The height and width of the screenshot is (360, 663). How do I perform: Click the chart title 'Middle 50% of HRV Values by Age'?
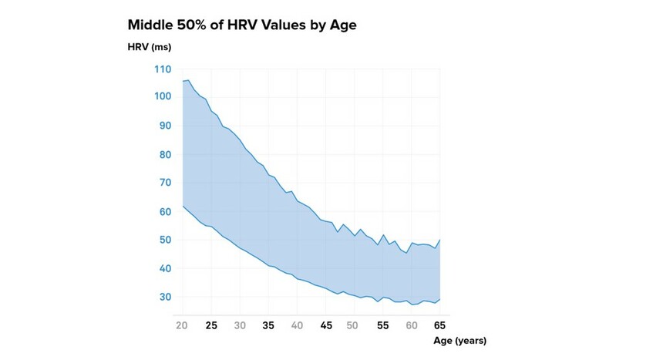241,25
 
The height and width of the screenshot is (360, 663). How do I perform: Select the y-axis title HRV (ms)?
149,47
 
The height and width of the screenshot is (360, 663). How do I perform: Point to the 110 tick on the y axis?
162,69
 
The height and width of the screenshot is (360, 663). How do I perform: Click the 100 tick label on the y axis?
162,97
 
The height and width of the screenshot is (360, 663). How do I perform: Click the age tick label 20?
182,325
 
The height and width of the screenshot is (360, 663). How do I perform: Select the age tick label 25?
211,325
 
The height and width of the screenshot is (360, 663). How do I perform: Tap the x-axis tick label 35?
268,325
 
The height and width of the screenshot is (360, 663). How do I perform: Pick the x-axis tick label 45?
325,325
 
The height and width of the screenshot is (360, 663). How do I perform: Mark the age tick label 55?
383,325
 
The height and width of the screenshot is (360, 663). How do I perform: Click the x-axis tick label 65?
439,325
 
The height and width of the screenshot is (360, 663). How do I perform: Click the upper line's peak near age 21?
188,79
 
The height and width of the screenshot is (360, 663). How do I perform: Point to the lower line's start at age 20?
182,206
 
